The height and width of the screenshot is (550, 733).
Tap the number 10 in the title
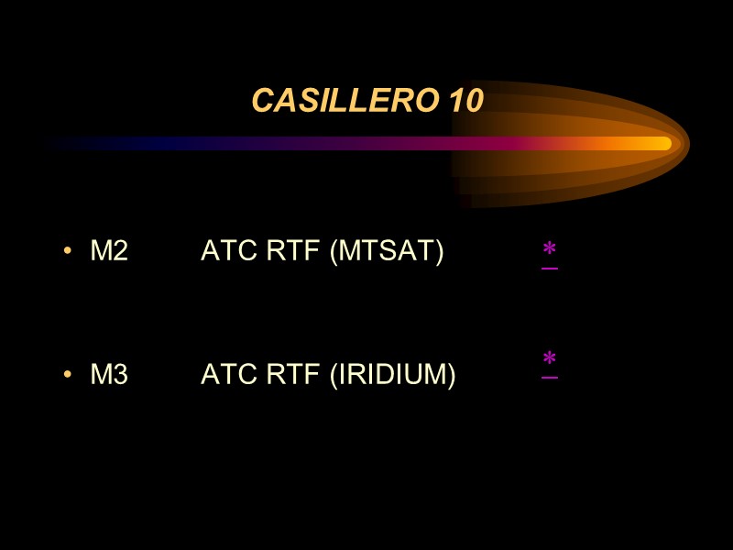coord(465,102)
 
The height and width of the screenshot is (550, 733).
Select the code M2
coord(109,250)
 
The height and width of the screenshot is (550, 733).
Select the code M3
coord(109,374)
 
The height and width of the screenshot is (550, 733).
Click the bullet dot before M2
coord(68,251)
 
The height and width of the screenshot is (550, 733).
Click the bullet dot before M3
coord(68,375)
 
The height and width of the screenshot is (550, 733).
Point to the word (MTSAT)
coord(386,250)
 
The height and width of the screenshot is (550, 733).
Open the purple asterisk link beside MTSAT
coord(550,251)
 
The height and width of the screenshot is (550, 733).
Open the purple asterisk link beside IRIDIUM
coord(550,360)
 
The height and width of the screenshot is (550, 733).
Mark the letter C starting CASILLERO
coord(261,102)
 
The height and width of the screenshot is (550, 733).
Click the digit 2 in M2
coord(120,250)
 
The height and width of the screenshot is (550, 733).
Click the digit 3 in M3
coord(120,374)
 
